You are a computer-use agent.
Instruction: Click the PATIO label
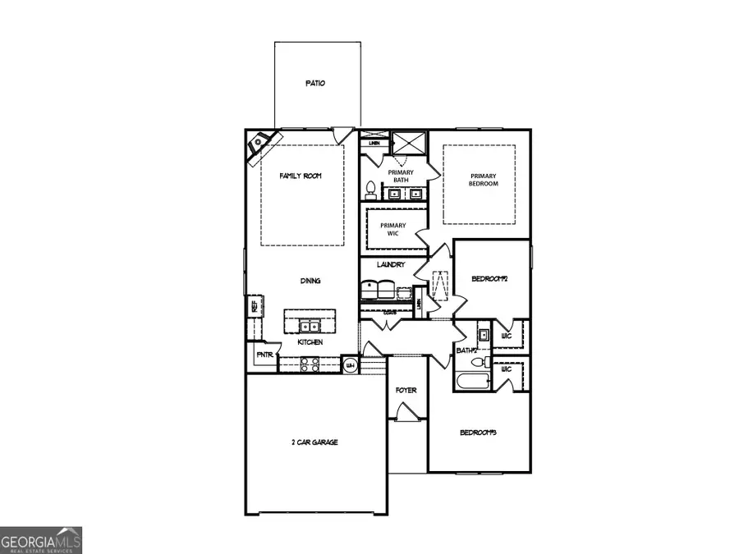[x=315, y=83]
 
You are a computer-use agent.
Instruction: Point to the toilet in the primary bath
[x=370, y=190]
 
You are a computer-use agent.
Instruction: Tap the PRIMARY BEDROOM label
[x=483, y=180]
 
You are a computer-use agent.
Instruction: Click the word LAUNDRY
[x=391, y=265]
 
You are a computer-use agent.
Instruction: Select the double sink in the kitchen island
[x=310, y=323]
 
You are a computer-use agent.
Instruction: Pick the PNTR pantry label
[x=264, y=355]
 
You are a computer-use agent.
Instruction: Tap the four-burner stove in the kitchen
[x=312, y=364]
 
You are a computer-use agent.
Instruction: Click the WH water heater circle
[x=350, y=364]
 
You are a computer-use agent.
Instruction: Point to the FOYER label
[x=406, y=390]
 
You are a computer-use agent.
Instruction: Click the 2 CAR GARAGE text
[x=314, y=442]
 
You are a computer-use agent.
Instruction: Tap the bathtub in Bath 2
[x=470, y=382]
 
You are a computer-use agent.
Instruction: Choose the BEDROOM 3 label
[x=479, y=433]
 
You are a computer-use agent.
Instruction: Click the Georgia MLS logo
[x=41, y=541]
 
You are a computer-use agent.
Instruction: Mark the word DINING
[x=310, y=281]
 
